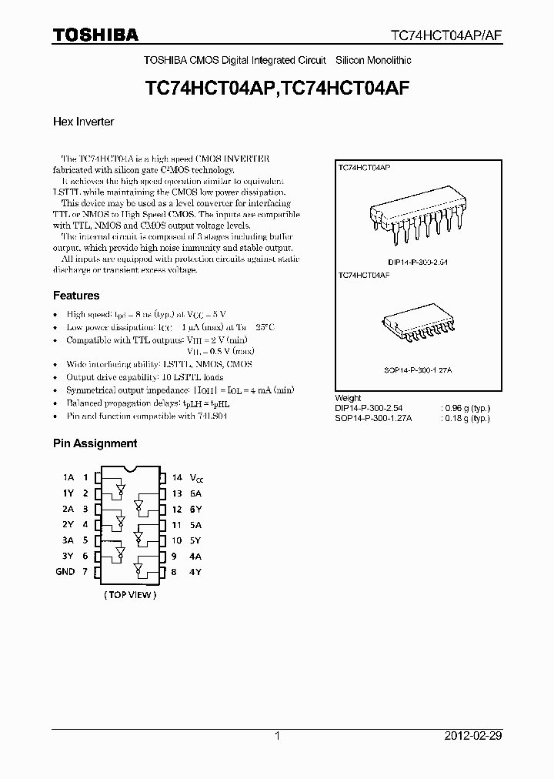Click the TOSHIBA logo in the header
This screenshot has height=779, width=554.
pos(95,35)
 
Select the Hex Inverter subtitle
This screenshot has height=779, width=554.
pos(83,122)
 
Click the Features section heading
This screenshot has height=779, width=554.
pos(76,296)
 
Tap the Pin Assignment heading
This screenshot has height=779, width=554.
pos(95,443)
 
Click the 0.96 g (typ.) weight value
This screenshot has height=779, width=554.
pos(466,408)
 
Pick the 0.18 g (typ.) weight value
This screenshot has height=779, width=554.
pos(466,418)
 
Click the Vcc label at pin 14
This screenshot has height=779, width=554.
pos(196,478)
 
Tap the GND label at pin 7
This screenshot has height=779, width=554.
pos(65,572)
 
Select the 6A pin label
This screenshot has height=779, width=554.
pos(195,493)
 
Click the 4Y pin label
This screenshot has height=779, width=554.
pos(195,572)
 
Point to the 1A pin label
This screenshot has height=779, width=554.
pos(68,477)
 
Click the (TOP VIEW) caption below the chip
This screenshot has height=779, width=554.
pos(129,595)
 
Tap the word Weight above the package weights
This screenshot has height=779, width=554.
pos(349,399)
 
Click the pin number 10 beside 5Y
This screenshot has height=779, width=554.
pos(176,540)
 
